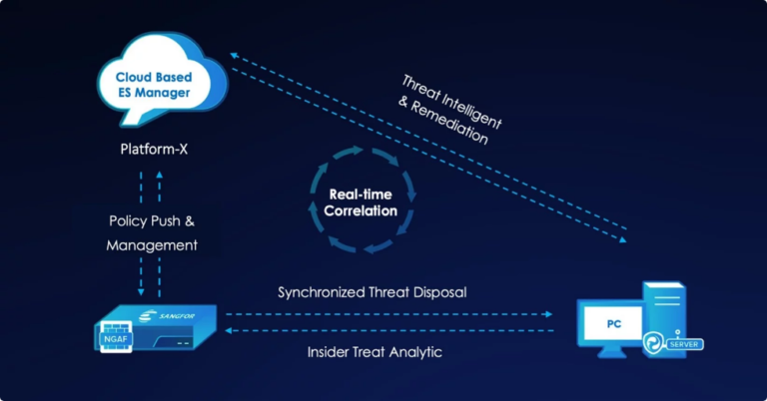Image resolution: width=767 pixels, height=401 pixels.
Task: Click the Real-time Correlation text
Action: pos(360,202)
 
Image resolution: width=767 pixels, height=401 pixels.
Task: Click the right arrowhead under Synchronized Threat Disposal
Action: pos(548,313)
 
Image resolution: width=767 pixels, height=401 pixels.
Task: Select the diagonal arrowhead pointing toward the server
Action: pos(624,240)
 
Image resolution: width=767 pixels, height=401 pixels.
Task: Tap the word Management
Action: pos(152,243)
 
